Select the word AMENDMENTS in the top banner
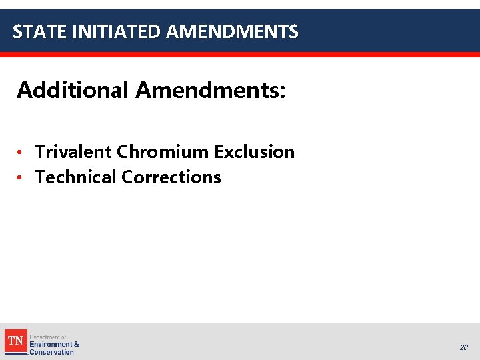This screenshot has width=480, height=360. click(233, 31)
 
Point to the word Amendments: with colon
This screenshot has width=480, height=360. click(211, 89)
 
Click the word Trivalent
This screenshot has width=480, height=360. click(73, 152)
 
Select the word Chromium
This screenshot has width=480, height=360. click(163, 152)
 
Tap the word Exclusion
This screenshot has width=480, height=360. click(254, 152)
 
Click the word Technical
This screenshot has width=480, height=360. click(75, 177)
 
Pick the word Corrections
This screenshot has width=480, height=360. click(171, 177)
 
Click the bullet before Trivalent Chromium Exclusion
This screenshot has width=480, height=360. click(21, 153)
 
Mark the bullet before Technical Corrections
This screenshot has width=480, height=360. click(21, 178)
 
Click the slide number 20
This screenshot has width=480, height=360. click(463, 347)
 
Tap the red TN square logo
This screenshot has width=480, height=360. click(16, 341)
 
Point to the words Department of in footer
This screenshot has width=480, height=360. click(48, 337)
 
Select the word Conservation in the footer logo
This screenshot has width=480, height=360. click(51, 352)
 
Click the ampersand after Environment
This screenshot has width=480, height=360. click(77, 345)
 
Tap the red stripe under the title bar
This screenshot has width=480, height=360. click(240, 55)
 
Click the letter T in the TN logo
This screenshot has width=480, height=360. click(12, 341)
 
